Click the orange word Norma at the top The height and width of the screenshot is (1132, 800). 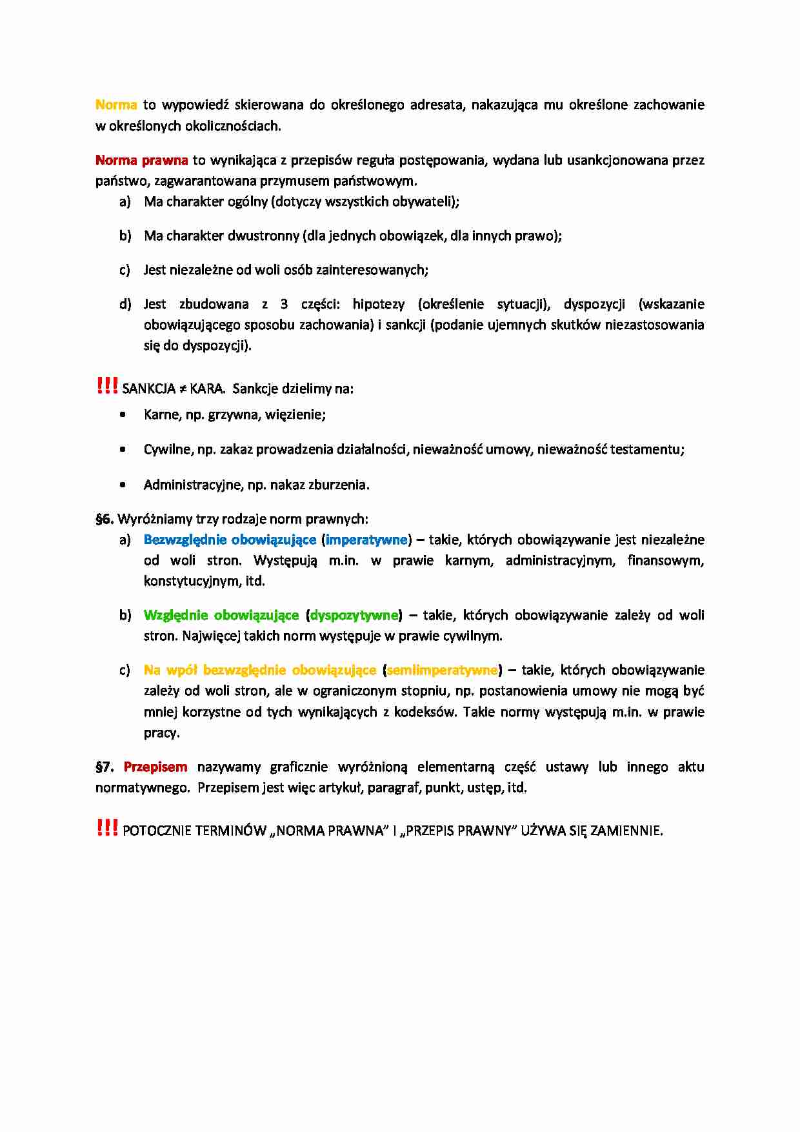coord(116,105)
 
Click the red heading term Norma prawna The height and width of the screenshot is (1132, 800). coord(141,160)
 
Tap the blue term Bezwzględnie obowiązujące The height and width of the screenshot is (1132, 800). coord(230,540)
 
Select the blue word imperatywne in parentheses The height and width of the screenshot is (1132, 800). coord(366,540)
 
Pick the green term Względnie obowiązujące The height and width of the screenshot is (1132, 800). coord(221,615)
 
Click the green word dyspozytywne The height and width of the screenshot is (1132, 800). coord(354,615)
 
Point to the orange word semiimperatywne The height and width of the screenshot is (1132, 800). coord(442,670)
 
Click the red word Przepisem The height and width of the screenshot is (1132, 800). coord(155,767)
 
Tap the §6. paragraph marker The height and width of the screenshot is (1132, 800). coord(105,519)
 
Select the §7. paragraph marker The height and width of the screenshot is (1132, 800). coord(105,767)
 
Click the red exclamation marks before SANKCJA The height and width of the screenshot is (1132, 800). coord(106,386)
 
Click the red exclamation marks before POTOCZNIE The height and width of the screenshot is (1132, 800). coord(106,827)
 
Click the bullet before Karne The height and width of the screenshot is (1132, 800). coord(123,415)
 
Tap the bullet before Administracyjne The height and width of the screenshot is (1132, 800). coord(123,485)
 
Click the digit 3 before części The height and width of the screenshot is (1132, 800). coord(284,304)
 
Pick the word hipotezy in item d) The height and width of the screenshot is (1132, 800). coord(379,304)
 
